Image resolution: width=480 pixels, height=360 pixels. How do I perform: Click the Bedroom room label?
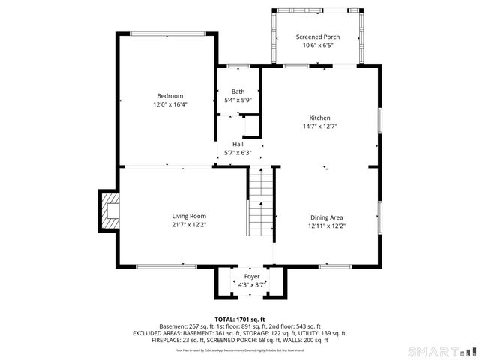click(x=169, y=95)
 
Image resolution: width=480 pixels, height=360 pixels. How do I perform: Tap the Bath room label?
click(x=237, y=91)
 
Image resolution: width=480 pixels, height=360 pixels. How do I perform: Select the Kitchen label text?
click(x=320, y=118)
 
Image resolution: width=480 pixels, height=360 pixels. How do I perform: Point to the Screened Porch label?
click(x=318, y=37)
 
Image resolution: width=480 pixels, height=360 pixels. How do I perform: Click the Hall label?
click(x=238, y=144)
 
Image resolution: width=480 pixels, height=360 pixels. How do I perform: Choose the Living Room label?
click(x=189, y=216)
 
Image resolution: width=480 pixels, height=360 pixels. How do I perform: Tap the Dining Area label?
click(x=328, y=217)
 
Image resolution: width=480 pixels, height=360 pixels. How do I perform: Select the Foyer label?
click(x=251, y=276)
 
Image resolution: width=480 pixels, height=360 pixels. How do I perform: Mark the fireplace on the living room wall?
click(x=109, y=211)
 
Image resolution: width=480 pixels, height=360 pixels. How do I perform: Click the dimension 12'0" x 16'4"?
click(x=169, y=104)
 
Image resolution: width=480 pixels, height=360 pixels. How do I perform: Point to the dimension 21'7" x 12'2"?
click(x=189, y=225)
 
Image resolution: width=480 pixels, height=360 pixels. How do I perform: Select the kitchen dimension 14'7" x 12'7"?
click(x=320, y=127)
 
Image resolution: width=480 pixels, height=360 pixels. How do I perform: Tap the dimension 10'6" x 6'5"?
click(x=318, y=46)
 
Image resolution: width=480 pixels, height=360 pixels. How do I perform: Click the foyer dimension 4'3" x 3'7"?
click(x=251, y=284)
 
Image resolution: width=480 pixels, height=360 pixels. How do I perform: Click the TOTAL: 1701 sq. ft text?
click(x=240, y=319)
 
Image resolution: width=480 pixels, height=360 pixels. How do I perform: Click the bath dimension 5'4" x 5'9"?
click(x=237, y=100)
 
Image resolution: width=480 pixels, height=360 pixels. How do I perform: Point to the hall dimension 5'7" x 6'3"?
click(x=238, y=153)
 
